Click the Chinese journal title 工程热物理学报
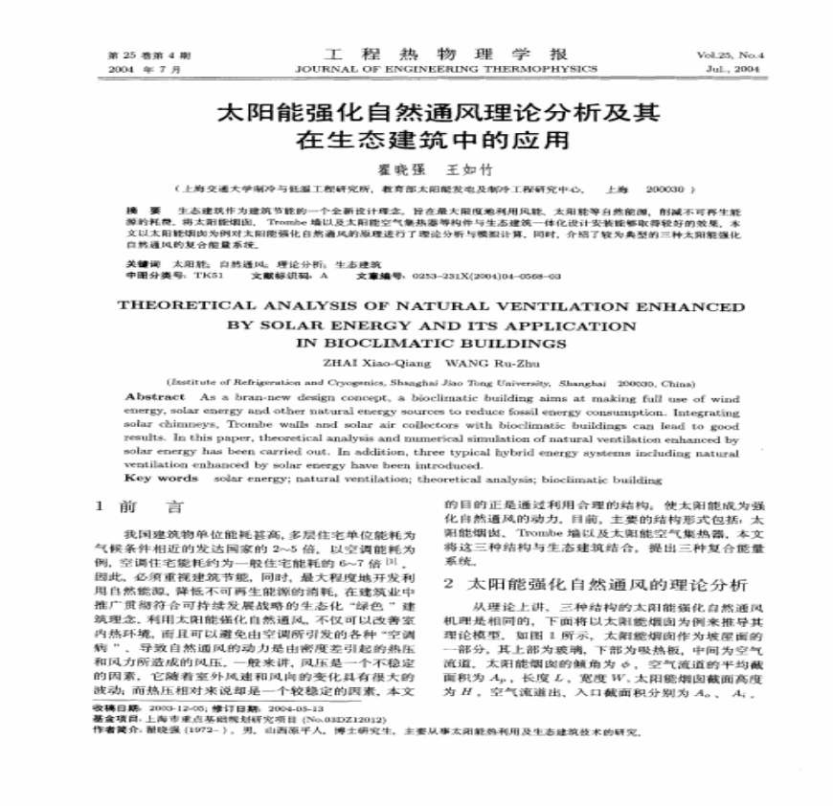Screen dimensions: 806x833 [447, 54]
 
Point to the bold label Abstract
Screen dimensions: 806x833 [155, 396]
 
